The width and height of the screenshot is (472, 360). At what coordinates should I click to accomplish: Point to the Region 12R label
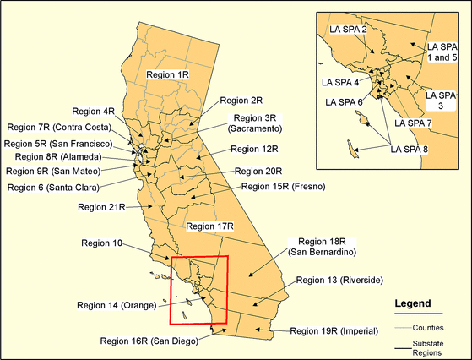254,149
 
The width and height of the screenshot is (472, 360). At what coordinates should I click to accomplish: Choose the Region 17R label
209,226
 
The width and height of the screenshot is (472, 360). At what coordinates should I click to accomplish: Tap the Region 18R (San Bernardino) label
319,246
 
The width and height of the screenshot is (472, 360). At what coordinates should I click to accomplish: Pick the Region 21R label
101,206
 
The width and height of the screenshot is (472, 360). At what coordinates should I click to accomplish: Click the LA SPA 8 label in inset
410,150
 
